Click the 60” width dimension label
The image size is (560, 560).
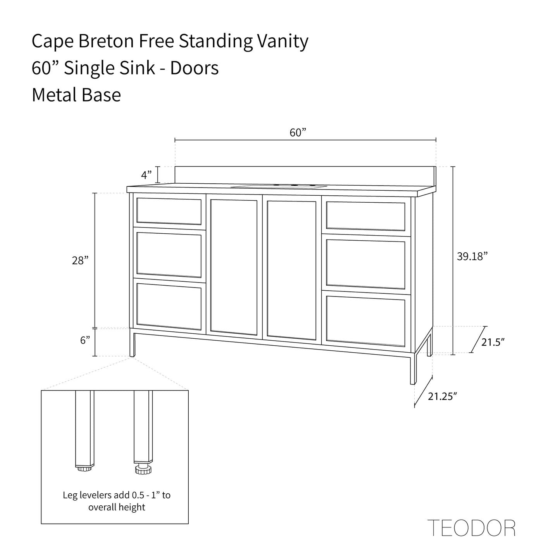coord(298,133)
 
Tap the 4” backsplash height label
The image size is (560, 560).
coord(146,175)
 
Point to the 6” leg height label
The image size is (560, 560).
coord(85,340)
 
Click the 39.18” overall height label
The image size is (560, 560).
coord(472,256)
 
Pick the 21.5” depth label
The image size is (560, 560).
coord(493,342)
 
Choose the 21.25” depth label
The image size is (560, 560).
coord(443,396)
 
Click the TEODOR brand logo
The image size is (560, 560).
coord(471,528)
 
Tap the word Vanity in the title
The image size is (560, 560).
coord(283,41)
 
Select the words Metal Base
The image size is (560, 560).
coord(76,95)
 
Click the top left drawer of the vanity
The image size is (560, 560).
coord(169,212)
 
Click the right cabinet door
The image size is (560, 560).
coord(291,270)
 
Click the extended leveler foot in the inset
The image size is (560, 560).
coord(143,470)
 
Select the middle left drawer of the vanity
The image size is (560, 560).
coord(169,254)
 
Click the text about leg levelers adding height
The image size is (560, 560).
coord(117,501)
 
